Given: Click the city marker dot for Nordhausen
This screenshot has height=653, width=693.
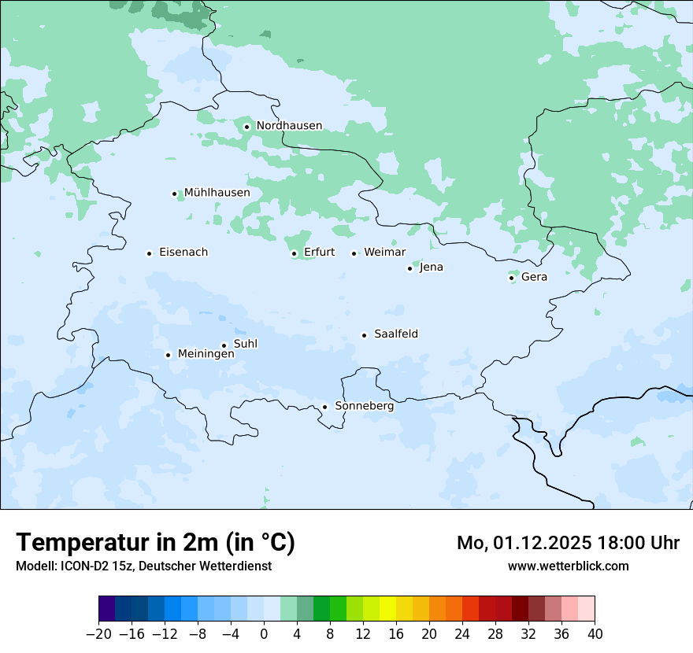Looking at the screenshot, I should click(246, 127).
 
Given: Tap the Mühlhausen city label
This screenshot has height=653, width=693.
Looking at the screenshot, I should click(217, 193).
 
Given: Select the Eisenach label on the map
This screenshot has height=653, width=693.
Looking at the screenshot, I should click(183, 253).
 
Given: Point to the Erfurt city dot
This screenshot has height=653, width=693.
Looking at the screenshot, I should click(294, 253).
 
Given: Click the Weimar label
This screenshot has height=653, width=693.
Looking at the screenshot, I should click(384, 253).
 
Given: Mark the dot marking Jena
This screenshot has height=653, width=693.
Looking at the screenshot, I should click(409, 268).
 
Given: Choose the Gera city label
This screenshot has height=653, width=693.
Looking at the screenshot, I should click(534, 277).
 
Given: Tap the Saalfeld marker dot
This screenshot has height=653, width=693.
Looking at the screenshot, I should click(365, 335).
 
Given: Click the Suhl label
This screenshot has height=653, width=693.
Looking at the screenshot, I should click(246, 344).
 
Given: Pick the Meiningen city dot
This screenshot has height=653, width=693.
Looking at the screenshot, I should click(168, 355).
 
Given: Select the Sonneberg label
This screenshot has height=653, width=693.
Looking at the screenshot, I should click(364, 406).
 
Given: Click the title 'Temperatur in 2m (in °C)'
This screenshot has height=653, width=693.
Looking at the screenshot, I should click(155, 542).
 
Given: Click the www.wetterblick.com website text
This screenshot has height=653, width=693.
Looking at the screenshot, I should click(568, 566).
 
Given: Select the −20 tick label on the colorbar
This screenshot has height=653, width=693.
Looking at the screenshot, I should click(98, 634).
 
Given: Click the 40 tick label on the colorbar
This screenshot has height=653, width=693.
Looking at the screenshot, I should click(595, 634).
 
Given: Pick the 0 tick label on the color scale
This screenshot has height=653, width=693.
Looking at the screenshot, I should click(264, 634).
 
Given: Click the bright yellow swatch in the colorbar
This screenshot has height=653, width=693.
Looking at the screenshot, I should click(387, 609).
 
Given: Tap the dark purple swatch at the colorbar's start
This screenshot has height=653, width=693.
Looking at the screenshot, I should click(107, 609).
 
